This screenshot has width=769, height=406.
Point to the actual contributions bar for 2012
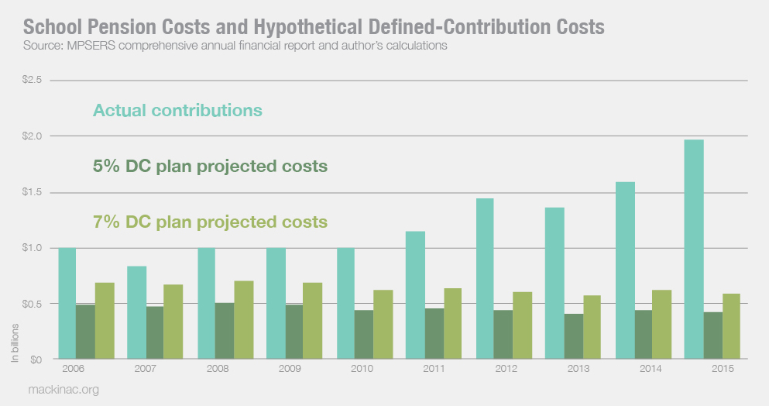(484, 279)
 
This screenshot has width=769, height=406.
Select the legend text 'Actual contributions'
(177, 110)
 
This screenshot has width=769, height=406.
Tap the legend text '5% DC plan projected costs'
(209, 167)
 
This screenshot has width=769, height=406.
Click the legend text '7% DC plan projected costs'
(210, 222)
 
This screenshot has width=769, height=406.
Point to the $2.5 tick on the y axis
(30, 80)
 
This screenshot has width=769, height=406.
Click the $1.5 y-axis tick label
(30, 192)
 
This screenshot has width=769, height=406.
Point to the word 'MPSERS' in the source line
(83, 45)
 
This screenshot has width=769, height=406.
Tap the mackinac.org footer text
(61, 390)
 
